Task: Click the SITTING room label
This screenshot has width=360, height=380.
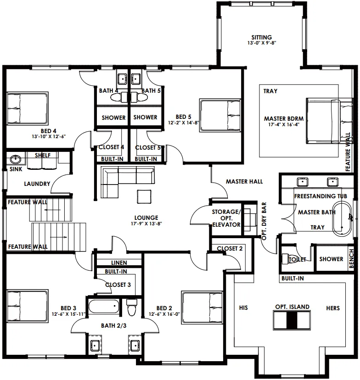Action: click(262, 37)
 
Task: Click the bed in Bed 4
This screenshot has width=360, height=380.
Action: click(28, 108)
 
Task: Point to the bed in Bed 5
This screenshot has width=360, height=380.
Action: click(220, 115)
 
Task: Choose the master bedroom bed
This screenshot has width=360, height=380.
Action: click(329, 121)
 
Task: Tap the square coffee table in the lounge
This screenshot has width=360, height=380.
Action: click(144, 196)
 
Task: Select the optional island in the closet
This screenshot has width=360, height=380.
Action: click(292, 320)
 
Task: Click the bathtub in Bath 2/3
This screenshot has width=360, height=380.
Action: click(104, 307)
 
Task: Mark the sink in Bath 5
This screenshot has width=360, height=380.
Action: click(136, 78)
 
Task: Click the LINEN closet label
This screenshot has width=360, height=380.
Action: click(119, 263)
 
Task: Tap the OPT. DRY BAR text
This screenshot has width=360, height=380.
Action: click(264, 221)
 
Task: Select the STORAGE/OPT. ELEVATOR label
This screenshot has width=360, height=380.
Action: click(226, 218)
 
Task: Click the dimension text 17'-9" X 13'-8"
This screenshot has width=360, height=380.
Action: click(146, 224)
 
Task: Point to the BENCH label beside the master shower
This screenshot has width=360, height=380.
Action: click(351, 258)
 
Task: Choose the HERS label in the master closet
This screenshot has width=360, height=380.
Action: click(333, 308)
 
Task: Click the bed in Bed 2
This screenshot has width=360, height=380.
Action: click(202, 307)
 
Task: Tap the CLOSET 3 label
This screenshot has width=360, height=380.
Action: click(118, 285)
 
